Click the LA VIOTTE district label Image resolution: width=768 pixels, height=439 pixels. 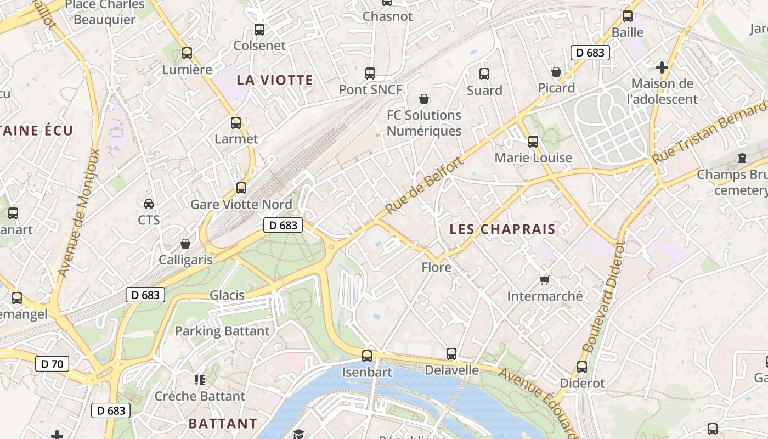275,80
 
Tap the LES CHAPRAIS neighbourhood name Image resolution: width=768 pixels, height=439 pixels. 502,229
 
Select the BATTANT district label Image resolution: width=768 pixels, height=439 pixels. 223,424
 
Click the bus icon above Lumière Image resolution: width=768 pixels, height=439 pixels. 187,53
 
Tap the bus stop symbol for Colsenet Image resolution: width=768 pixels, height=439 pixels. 259,30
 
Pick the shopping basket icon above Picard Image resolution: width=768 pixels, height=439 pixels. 556,72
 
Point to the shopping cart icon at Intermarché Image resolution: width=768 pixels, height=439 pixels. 545,280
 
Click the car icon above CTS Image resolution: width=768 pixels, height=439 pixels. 149,204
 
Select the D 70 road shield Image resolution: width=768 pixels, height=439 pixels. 52,364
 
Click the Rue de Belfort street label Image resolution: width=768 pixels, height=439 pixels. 424,184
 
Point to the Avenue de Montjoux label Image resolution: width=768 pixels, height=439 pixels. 79,213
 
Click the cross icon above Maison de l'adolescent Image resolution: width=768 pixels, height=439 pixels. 662,67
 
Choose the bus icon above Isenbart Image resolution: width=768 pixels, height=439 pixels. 367,356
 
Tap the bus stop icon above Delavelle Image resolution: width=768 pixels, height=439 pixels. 451,354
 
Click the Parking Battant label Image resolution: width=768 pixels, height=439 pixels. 222,331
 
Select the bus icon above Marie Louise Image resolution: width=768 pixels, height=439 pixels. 533,142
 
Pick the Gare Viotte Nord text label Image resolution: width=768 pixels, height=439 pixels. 241,205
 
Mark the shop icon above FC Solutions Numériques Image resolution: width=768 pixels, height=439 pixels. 424,99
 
